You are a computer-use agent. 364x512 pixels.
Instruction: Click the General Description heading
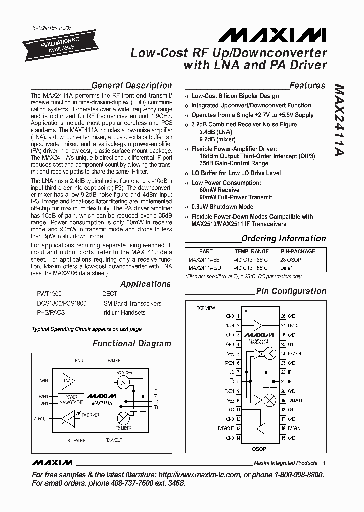(x=131, y=86)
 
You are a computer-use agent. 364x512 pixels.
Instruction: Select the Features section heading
(x=307, y=86)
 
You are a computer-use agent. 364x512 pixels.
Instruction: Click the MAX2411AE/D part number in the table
(x=205, y=268)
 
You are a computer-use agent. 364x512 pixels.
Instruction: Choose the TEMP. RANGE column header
(x=251, y=251)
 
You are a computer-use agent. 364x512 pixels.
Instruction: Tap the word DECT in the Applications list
(x=109, y=294)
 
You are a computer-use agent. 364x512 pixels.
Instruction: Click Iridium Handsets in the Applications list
(x=123, y=312)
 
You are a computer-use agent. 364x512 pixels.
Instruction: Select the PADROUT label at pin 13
(x=225, y=429)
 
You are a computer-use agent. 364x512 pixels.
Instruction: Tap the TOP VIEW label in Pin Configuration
(x=206, y=308)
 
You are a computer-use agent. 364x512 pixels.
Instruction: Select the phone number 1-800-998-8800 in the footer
(x=294, y=475)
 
